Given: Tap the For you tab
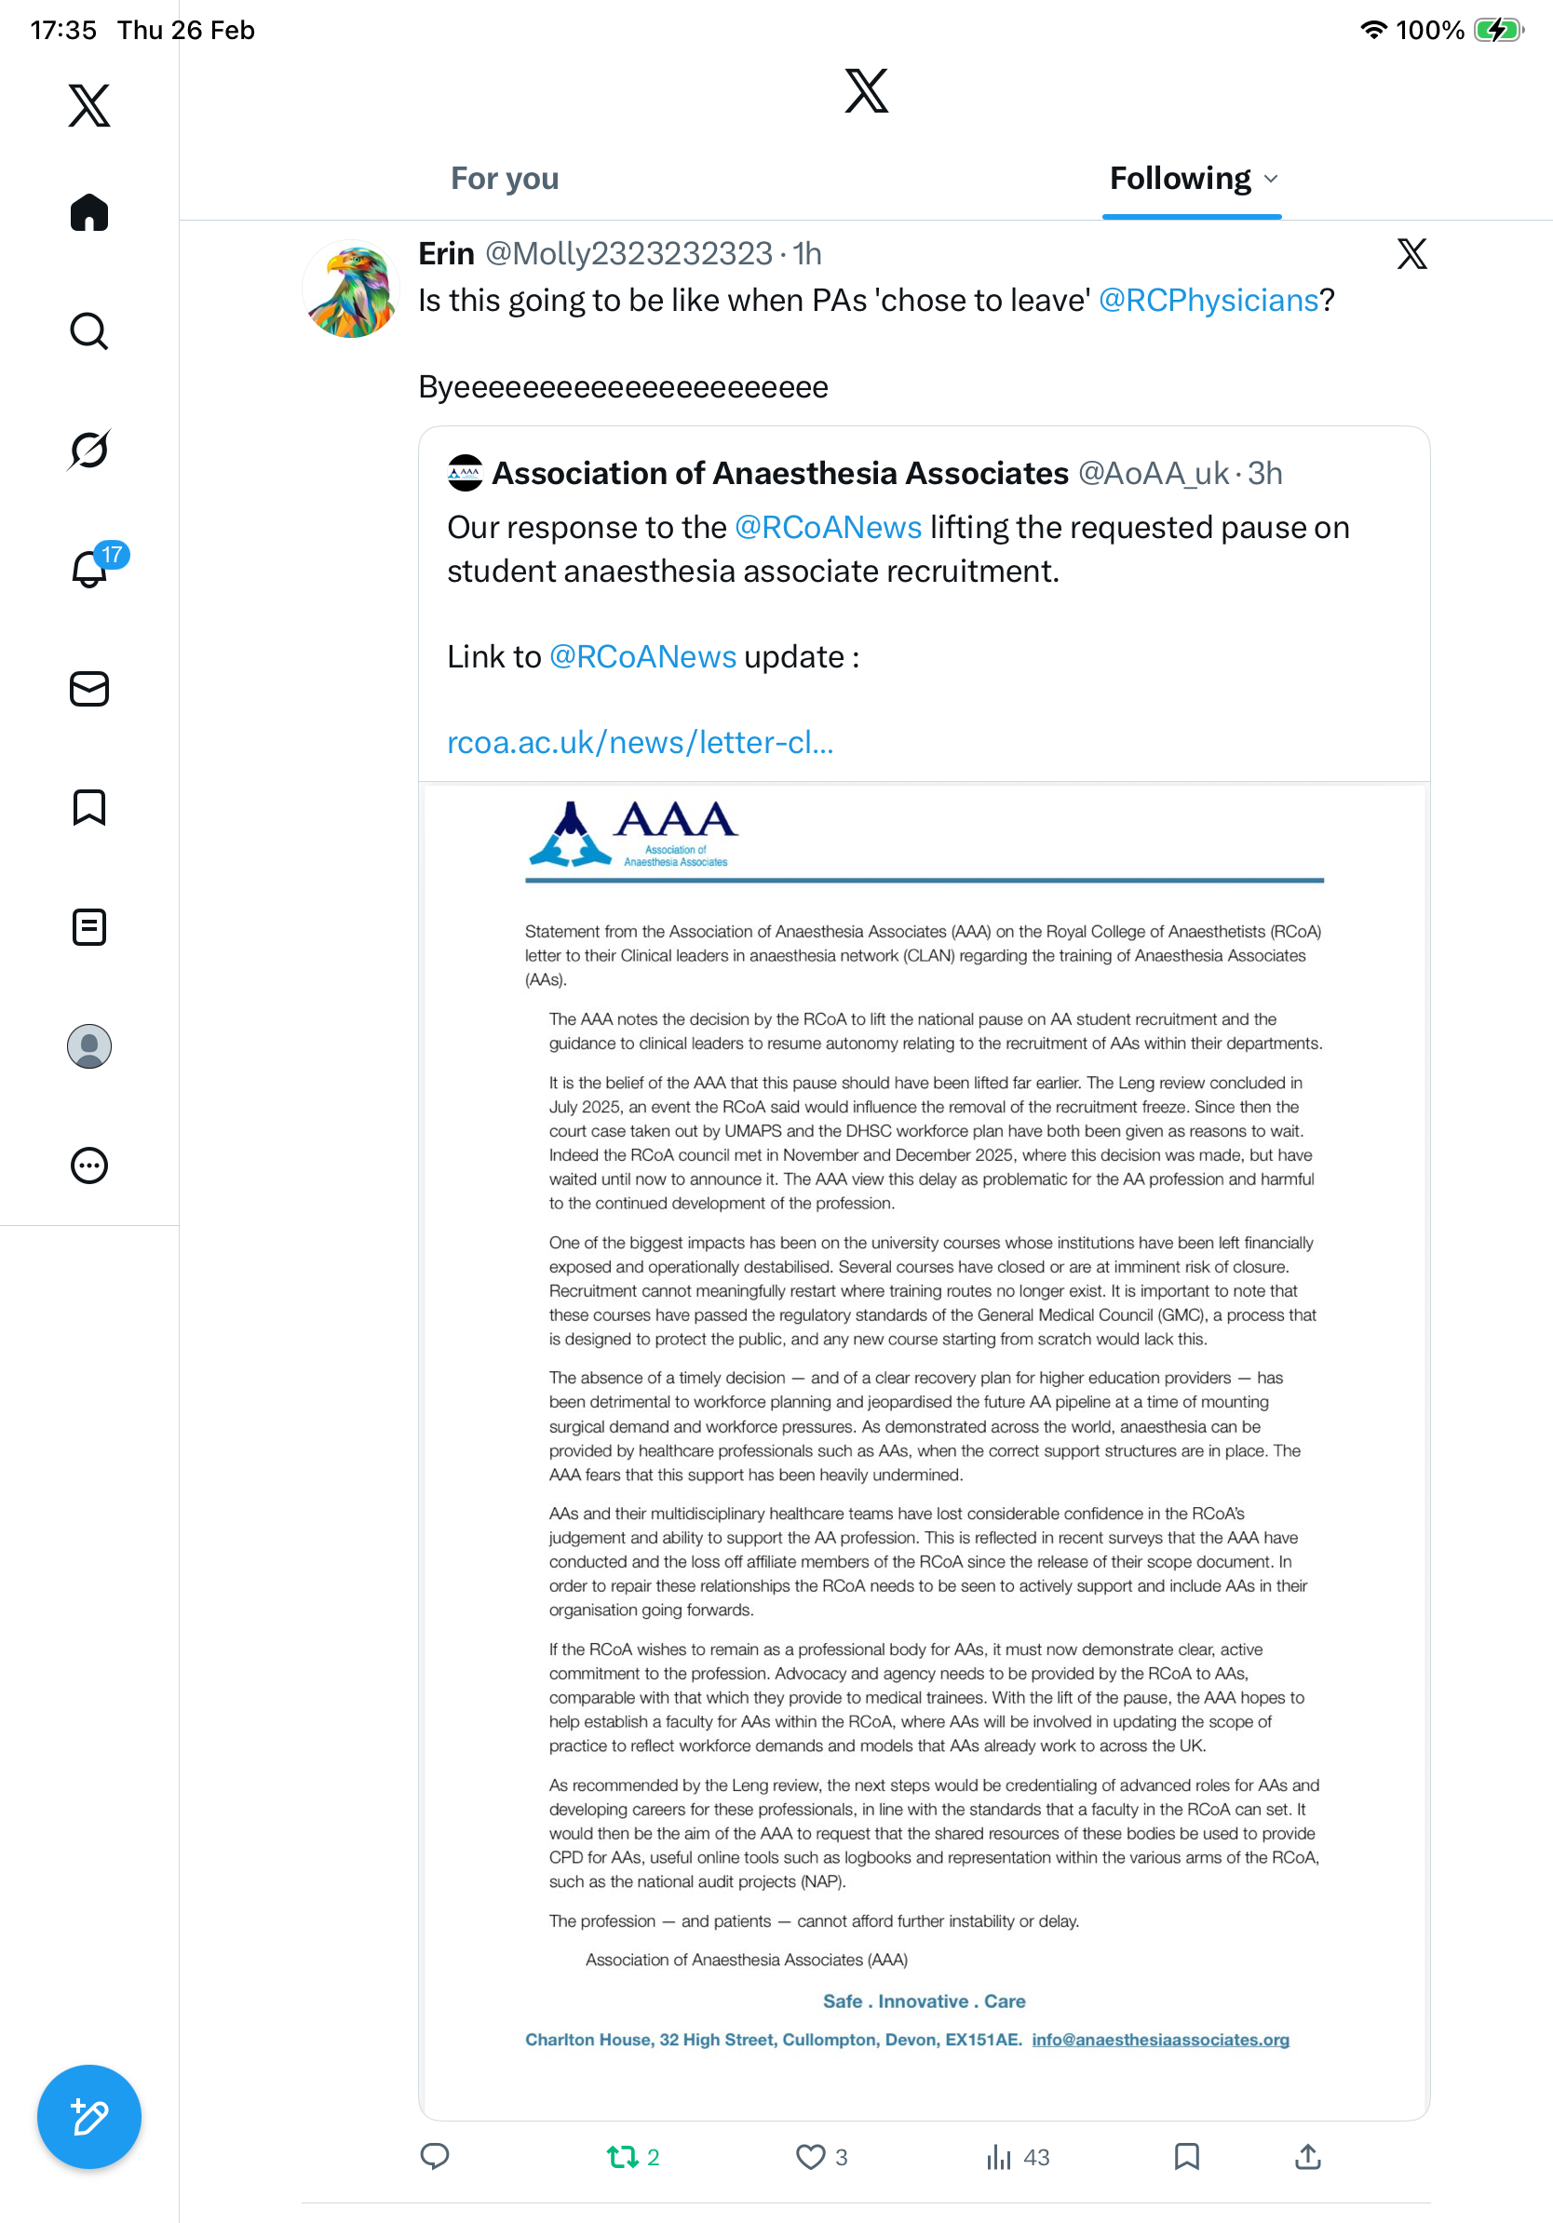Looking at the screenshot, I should (x=505, y=179).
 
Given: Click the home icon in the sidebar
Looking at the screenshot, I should (x=89, y=212).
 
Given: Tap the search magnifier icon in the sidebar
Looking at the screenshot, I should (x=89, y=331).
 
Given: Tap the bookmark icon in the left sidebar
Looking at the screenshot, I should (x=89, y=807).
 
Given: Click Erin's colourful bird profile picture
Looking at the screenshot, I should (x=351, y=290).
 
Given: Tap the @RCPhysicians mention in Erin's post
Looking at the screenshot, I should (x=1209, y=301).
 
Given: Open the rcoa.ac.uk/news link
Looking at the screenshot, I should (x=640, y=743).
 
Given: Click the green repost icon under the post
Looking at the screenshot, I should (x=623, y=2156).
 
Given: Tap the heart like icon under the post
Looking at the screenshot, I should (x=810, y=2156).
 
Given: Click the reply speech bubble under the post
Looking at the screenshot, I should (x=435, y=2156).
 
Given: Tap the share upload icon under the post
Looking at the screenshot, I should (x=1307, y=2156).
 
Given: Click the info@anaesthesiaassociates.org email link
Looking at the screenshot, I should (x=1160, y=2040).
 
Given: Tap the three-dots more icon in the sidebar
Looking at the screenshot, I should (x=89, y=1165).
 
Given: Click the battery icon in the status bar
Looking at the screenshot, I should (x=1497, y=30).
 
